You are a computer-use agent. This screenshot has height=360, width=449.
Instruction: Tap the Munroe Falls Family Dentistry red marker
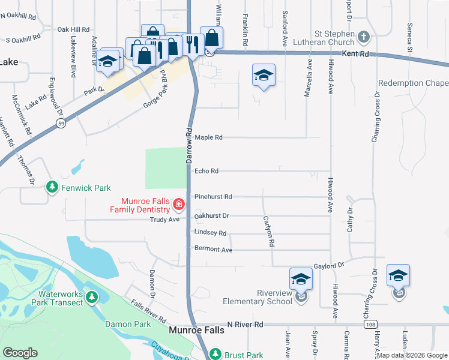[178, 205]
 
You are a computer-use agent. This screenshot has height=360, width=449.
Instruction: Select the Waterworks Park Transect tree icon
[91, 297]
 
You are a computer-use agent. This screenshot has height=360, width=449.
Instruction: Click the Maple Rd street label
[209, 137]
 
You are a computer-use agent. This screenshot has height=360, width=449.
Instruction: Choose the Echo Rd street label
[206, 171]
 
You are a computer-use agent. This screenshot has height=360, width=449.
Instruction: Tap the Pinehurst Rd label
[213, 197]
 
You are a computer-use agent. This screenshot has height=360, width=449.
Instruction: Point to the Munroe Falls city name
[198, 329]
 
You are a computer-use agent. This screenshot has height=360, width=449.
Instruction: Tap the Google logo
[20, 353]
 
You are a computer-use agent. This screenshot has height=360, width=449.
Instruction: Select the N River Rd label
[246, 325]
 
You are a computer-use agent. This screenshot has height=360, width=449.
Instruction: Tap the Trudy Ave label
[166, 220]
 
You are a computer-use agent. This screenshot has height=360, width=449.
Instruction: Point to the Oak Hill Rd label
[73, 29]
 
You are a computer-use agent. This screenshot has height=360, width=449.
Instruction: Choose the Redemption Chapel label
[414, 83]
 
